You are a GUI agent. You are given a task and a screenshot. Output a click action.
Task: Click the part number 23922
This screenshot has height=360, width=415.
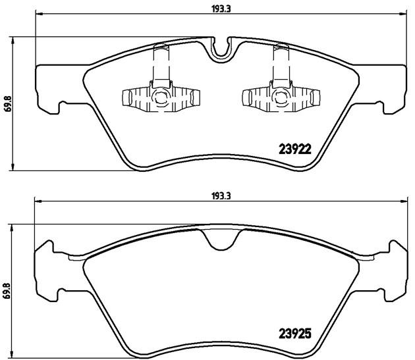pyautogui.click(x=295, y=149)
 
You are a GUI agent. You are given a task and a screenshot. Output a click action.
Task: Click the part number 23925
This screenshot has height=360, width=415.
pyautogui.click(x=295, y=334)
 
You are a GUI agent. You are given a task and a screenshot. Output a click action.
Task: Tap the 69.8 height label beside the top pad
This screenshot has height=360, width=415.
pyautogui.click(x=8, y=104)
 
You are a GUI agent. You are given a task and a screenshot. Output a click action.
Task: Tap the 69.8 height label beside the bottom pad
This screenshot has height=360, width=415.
pyautogui.click(x=7, y=291)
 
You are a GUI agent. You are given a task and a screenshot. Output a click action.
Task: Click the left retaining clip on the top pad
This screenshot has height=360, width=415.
pyautogui.click(x=161, y=88)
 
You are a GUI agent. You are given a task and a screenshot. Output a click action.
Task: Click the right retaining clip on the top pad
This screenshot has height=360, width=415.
pyautogui.click(x=281, y=88)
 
